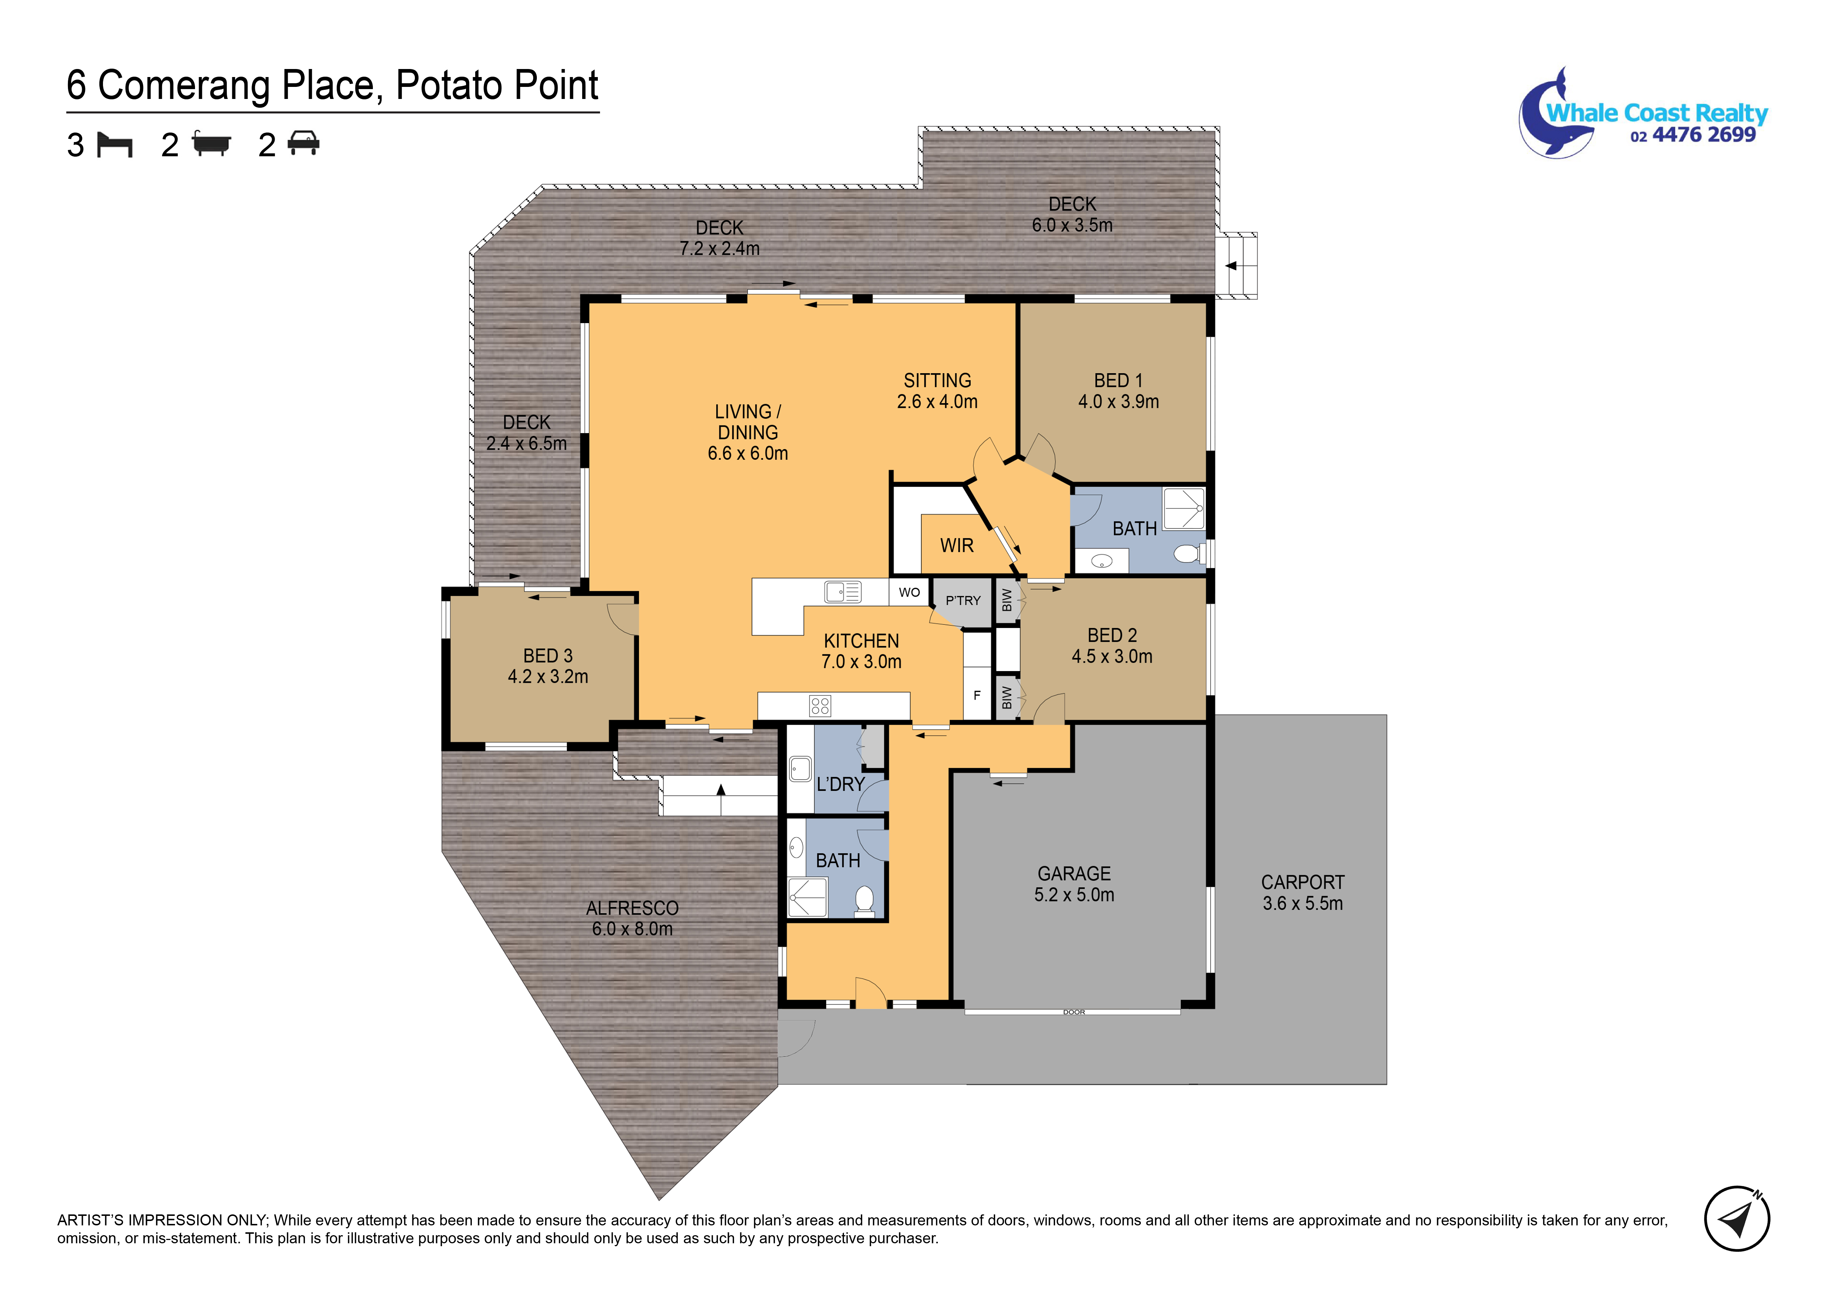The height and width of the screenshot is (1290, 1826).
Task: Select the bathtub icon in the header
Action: pos(211,145)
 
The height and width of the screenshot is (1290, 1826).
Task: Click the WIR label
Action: pos(957,546)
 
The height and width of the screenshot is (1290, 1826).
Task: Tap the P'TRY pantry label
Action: pos(963,601)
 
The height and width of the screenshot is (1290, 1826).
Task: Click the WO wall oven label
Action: pos(909,593)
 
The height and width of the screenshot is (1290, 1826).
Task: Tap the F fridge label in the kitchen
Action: pos(977,695)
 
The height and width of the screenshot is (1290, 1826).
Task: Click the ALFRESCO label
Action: pos(632,908)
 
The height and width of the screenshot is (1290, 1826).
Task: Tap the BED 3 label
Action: pos(548,656)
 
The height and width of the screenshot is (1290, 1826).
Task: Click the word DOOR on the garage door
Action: pos(1074,1013)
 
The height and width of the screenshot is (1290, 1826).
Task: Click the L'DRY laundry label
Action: pos(841,784)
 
